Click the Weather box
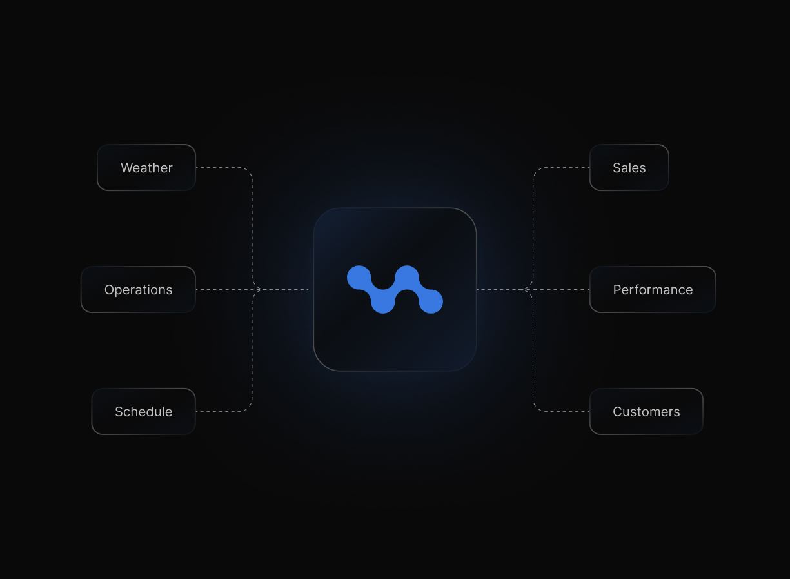pyautogui.click(x=146, y=168)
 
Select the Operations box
pyautogui.click(x=138, y=290)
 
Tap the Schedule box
pyautogui.click(x=143, y=412)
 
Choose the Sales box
pyautogui.click(x=629, y=168)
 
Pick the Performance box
pyautogui.click(x=653, y=290)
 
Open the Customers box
pyautogui.click(x=646, y=412)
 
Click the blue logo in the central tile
pyautogui.click(x=395, y=290)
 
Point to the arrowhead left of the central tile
pyautogui.click(x=259, y=290)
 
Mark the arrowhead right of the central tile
pyautogui.click(x=526, y=290)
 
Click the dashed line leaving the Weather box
pyautogui.click(x=222, y=168)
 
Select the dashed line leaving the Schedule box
pyautogui.click(x=222, y=412)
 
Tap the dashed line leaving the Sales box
pyautogui.click(x=561, y=168)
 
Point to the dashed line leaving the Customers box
pyautogui.click(x=561, y=412)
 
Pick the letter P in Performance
pyautogui.click(x=617, y=290)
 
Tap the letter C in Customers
pyautogui.click(x=618, y=412)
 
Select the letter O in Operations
pyautogui.click(x=110, y=290)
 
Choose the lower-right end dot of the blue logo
pyautogui.click(x=431, y=301)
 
